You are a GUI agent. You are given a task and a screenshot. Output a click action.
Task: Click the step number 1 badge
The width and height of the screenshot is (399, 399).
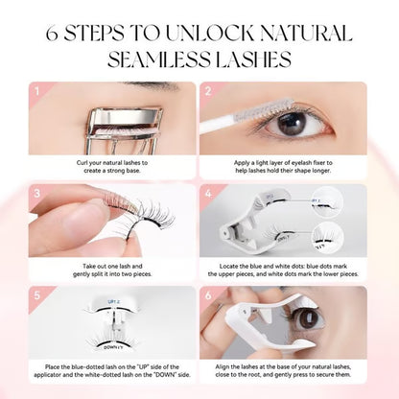click(38, 92)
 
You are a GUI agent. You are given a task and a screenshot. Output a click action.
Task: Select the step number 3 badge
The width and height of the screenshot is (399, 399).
click(38, 195)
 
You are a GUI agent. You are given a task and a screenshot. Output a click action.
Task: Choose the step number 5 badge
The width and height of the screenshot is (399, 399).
click(38, 294)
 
